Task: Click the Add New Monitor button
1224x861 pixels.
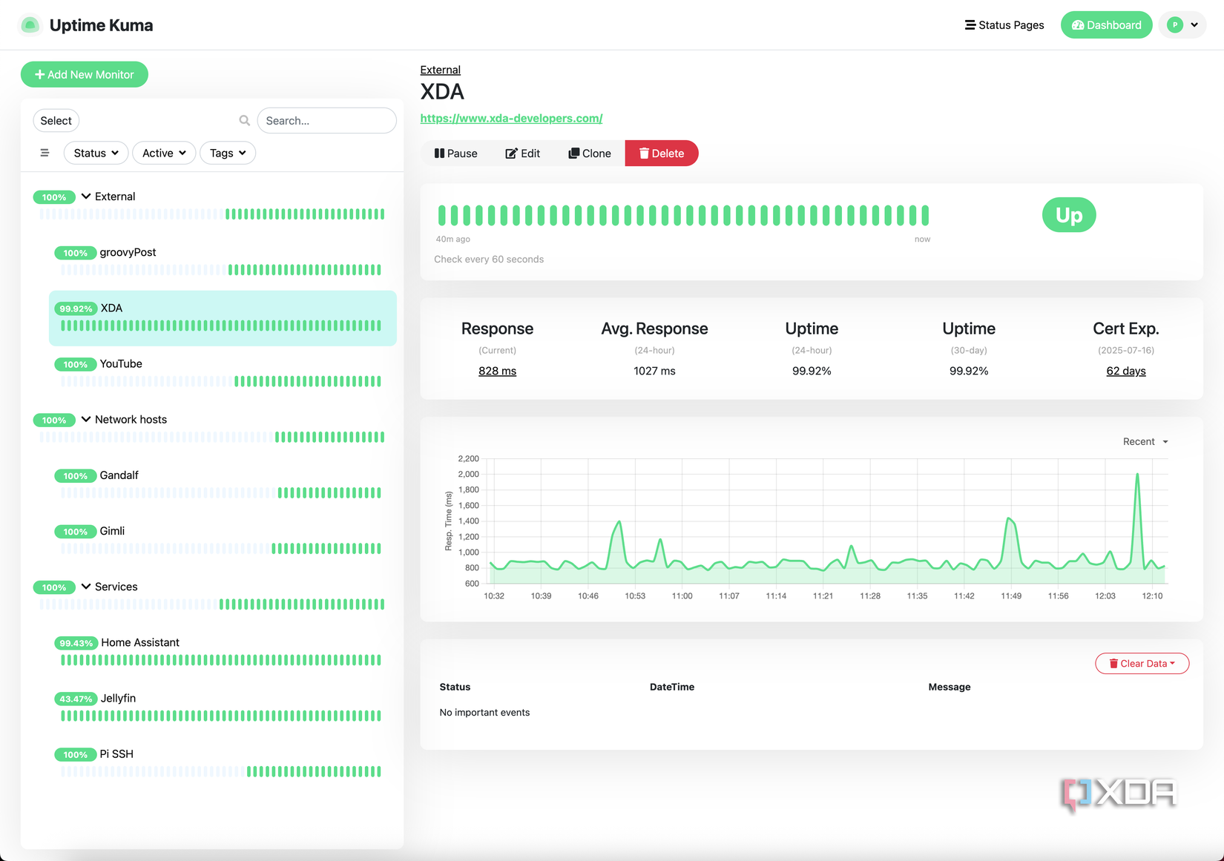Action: point(84,74)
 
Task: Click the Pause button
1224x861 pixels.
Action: point(455,154)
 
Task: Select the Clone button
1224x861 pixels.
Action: point(590,154)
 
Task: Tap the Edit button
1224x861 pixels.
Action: point(523,154)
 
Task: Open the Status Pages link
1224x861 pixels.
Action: point(1004,25)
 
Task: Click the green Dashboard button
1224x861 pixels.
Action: point(1106,25)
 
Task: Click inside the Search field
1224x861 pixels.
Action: point(326,121)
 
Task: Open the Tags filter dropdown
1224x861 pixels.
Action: point(227,153)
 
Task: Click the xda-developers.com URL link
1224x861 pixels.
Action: point(511,118)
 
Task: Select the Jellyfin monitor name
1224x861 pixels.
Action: point(118,698)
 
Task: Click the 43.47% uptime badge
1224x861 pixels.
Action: point(76,699)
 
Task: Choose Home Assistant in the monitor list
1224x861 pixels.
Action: point(140,642)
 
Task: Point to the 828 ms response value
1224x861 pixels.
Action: point(497,371)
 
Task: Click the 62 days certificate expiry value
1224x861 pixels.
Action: point(1125,371)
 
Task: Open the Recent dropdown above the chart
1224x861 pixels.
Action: point(1145,441)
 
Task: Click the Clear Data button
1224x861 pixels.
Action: point(1142,664)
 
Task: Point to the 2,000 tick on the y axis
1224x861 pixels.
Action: point(468,474)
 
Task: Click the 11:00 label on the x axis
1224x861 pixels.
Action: point(682,596)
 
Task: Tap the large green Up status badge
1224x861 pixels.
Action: point(1068,215)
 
